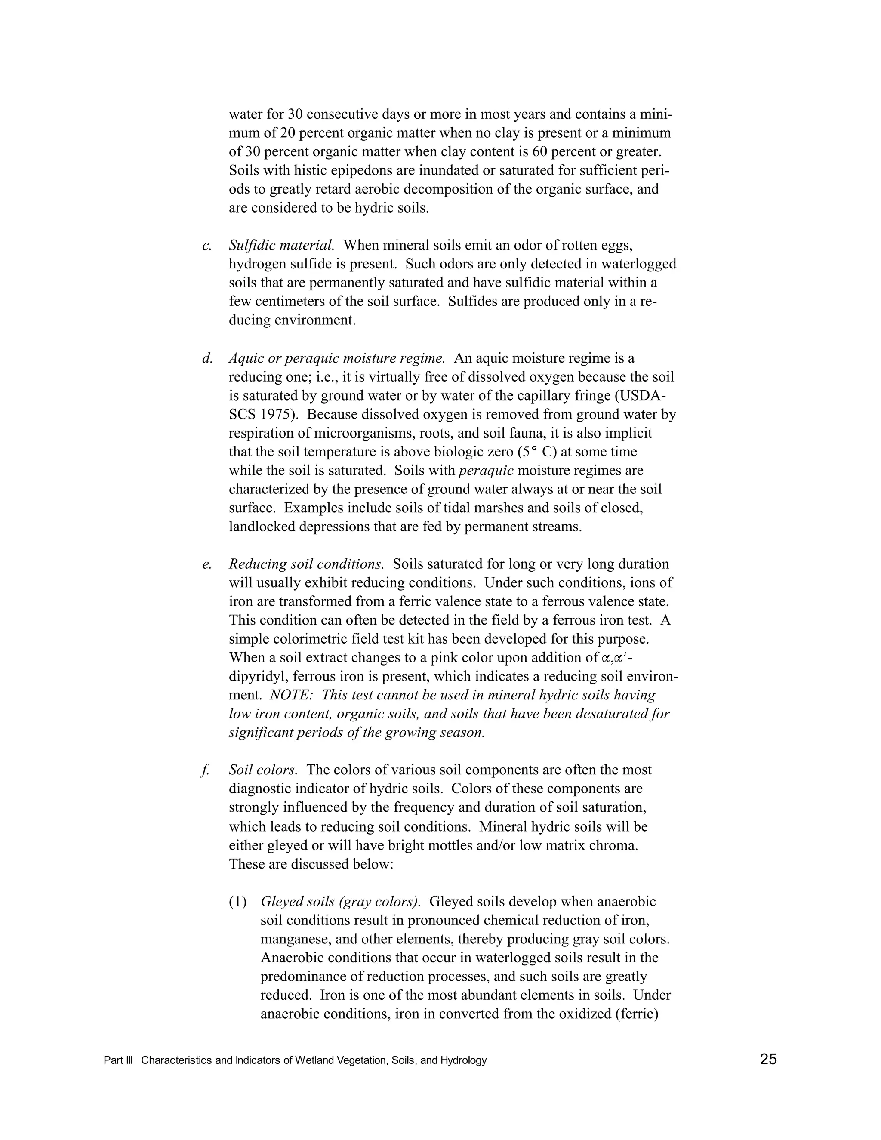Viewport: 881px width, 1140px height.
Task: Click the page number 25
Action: pos(768,1059)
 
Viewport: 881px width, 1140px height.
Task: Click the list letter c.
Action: pos(206,245)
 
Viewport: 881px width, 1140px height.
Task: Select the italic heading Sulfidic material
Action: pos(281,245)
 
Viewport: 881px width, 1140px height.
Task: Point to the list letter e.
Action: pos(206,564)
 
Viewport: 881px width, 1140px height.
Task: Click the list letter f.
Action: pos(205,770)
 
